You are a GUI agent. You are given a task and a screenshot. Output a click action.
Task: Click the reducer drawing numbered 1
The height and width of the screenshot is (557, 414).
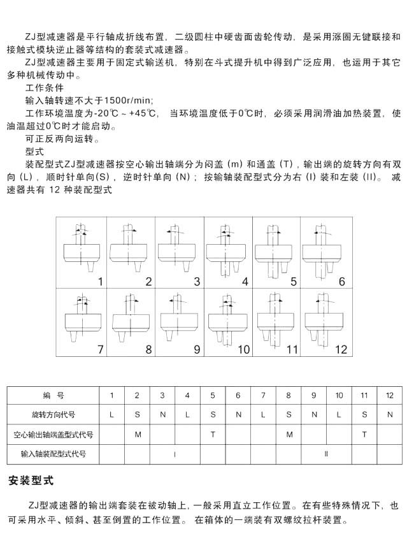coord(80,251)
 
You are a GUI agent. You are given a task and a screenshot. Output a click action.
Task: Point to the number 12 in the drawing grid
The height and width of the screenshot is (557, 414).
coord(341,349)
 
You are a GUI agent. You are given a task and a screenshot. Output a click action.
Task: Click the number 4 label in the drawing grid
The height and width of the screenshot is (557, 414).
coord(245,281)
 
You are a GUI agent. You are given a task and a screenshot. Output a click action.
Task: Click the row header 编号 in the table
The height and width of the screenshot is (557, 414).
coord(54,396)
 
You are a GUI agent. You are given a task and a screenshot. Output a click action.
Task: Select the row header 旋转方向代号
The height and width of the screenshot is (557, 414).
coord(54,415)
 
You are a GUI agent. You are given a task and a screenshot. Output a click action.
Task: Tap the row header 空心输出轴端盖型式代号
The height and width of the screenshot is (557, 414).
coord(54,435)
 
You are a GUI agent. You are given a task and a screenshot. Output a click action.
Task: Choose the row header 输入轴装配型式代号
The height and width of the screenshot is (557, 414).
coord(54,454)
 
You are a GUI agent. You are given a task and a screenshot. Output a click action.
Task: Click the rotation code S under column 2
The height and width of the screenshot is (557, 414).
coord(137,415)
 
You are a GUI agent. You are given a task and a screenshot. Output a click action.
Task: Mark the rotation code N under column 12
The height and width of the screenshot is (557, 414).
coord(390,415)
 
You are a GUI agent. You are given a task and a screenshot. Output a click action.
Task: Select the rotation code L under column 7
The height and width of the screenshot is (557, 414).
coord(263,415)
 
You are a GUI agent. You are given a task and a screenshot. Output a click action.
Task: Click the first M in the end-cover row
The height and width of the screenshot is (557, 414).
coord(137,435)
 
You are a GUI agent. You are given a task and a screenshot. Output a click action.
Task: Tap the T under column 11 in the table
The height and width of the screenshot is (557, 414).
coord(364,435)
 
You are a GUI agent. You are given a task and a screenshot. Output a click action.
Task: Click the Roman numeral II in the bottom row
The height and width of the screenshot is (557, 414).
coord(326,454)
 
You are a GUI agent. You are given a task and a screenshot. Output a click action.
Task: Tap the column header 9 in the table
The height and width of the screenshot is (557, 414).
coord(313,396)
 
